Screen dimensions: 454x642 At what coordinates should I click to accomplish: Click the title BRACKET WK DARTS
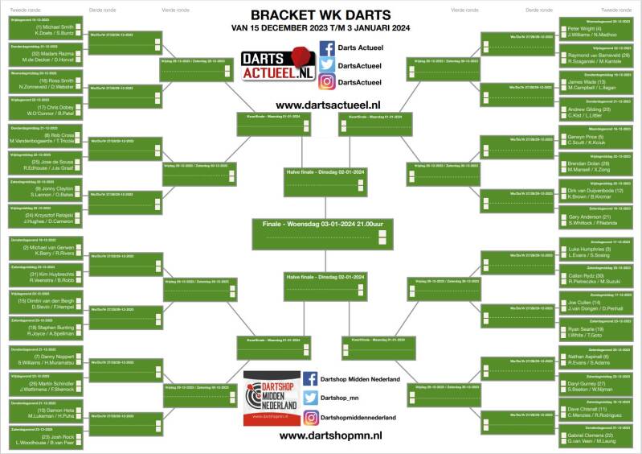(321, 14)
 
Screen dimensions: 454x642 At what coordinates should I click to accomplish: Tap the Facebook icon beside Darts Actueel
(327, 48)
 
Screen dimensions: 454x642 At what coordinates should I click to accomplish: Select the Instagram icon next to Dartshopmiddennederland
(310, 417)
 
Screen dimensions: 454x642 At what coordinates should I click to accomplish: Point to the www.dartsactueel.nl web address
(328, 105)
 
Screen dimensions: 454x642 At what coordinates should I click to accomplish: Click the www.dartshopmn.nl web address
(330, 435)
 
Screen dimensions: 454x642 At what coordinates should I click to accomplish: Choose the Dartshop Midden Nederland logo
(271, 399)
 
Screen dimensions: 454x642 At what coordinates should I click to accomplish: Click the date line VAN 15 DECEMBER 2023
(321, 27)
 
